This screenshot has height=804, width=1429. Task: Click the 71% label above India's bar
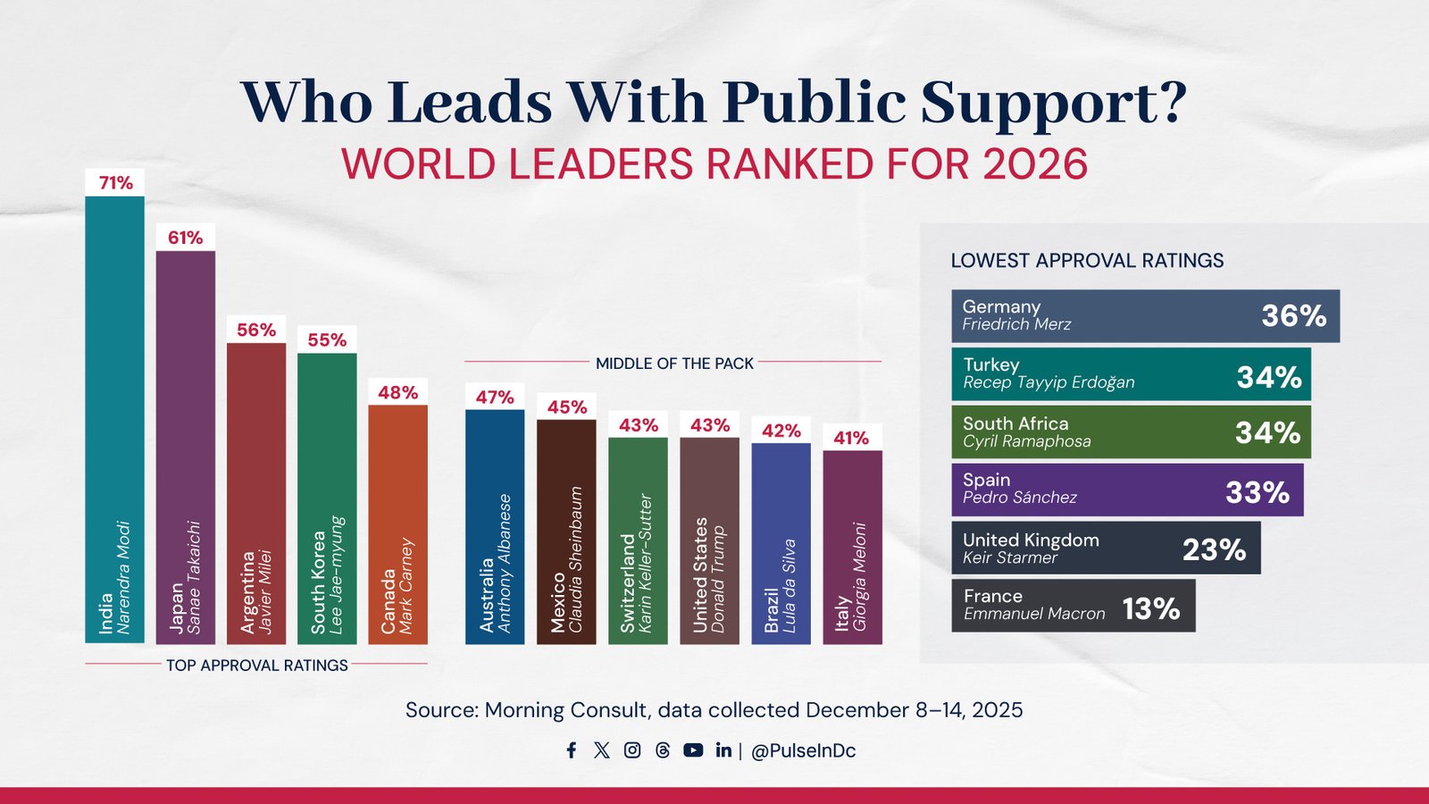[115, 183]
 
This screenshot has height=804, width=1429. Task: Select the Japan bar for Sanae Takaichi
[186, 447]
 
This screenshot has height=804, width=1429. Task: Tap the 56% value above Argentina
[256, 330]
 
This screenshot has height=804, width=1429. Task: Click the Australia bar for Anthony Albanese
[495, 527]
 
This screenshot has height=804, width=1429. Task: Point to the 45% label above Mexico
[566, 407]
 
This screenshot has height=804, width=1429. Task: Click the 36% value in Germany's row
[1293, 315]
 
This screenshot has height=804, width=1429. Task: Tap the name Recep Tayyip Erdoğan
[1049, 382]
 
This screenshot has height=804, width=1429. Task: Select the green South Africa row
[1131, 432]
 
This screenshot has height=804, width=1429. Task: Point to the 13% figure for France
[1150, 608]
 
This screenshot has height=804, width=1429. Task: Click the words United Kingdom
[1031, 540]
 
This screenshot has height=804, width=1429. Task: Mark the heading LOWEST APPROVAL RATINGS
[1087, 261]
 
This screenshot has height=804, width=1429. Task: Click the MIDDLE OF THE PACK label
[674, 364]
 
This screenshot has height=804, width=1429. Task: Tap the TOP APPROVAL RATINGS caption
[257, 666]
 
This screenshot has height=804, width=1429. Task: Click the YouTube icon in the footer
[693, 750]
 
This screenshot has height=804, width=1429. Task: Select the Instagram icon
[632, 750]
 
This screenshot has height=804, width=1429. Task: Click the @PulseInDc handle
[803, 751]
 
